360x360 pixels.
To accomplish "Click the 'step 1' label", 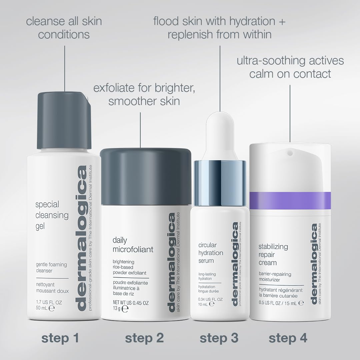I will pyautogui.click(x=60, y=338).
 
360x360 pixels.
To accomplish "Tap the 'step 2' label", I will pyautogui.click(x=144, y=338).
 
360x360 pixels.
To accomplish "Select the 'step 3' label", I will pyautogui.click(x=219, y=338).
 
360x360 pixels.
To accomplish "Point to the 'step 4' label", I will pyautogui.click(x=288, y=338).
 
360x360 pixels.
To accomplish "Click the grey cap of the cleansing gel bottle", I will pyautogui.click(x=64, y=120).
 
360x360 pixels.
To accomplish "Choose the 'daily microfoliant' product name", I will pyautogui.click(x=133, y=245).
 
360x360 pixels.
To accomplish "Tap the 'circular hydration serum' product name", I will pyautogui.click(x=211, y=253).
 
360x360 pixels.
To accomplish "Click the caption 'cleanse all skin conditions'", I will pyautogui.click(x=64, y=28).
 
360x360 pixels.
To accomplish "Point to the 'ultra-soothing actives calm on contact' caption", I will pyautogui.click(x=290, y=67).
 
